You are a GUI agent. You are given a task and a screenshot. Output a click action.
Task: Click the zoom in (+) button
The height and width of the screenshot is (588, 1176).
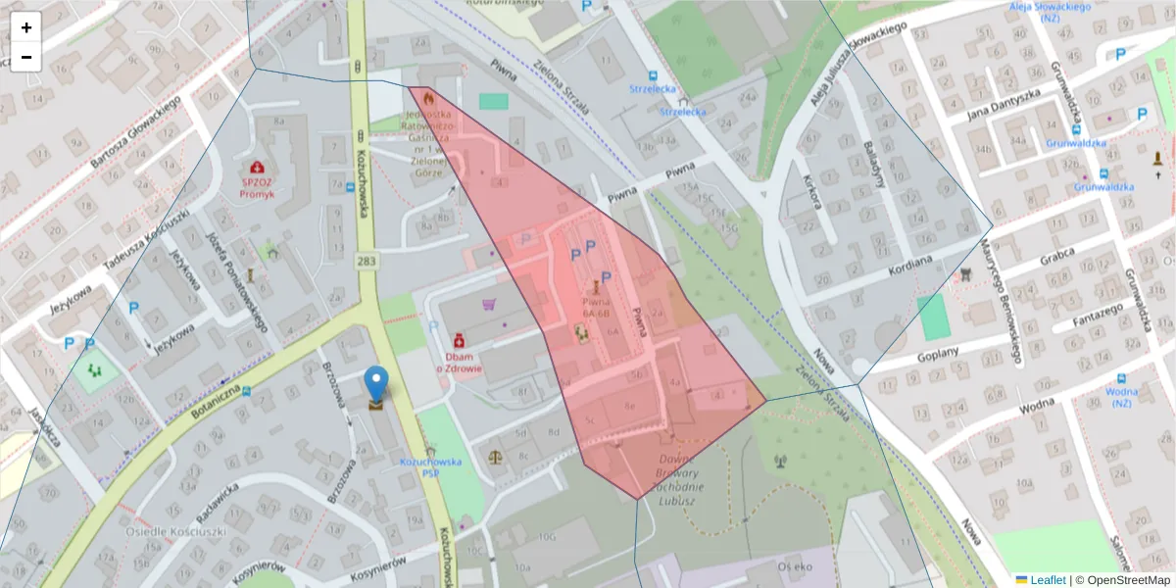point(26,27)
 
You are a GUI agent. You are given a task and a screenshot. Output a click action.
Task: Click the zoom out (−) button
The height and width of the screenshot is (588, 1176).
point(26,57)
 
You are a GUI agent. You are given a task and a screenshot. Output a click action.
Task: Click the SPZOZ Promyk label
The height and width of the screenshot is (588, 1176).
point(257,187)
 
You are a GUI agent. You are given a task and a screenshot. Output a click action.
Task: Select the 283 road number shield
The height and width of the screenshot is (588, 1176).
point(367,260)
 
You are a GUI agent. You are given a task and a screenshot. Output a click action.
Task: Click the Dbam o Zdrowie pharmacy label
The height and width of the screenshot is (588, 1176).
point(458,363)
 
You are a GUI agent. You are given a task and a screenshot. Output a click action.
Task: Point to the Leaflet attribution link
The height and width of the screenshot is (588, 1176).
point(1048,580)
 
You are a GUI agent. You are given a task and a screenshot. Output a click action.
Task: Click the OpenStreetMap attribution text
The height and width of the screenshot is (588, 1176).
point(1123,580)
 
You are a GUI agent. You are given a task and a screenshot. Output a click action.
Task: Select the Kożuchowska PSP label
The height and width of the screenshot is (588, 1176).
point(430,465)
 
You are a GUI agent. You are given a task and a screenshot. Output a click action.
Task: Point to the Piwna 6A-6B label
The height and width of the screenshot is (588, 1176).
point(597,308)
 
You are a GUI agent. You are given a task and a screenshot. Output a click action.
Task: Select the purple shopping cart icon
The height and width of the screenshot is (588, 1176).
point(489,304)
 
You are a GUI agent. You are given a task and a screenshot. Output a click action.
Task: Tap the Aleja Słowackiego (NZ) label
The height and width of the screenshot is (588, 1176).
point(1051,13)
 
